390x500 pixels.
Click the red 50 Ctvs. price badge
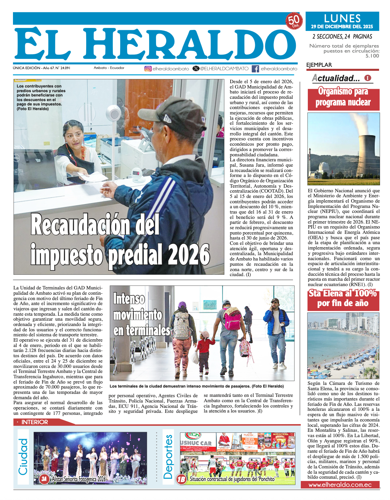(294, 21)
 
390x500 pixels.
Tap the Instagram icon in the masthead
(148, 69)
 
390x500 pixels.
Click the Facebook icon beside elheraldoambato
(255, 69)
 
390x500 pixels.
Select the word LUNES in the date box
(342, 18)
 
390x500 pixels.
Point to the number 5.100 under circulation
(372, 56)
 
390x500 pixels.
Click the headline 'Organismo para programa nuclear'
(343, 97)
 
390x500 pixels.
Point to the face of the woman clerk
(74, 138)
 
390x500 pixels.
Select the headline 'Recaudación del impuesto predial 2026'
(120, 241)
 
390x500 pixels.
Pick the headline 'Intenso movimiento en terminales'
(140, 315)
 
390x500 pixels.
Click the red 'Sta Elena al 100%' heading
(343, 298)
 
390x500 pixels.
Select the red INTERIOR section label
(35, 422)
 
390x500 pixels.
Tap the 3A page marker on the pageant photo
(44, 479)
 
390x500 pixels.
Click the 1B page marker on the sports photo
(181, 479)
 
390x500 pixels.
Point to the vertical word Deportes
(168, 457)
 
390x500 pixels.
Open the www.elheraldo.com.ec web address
(340, 485)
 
